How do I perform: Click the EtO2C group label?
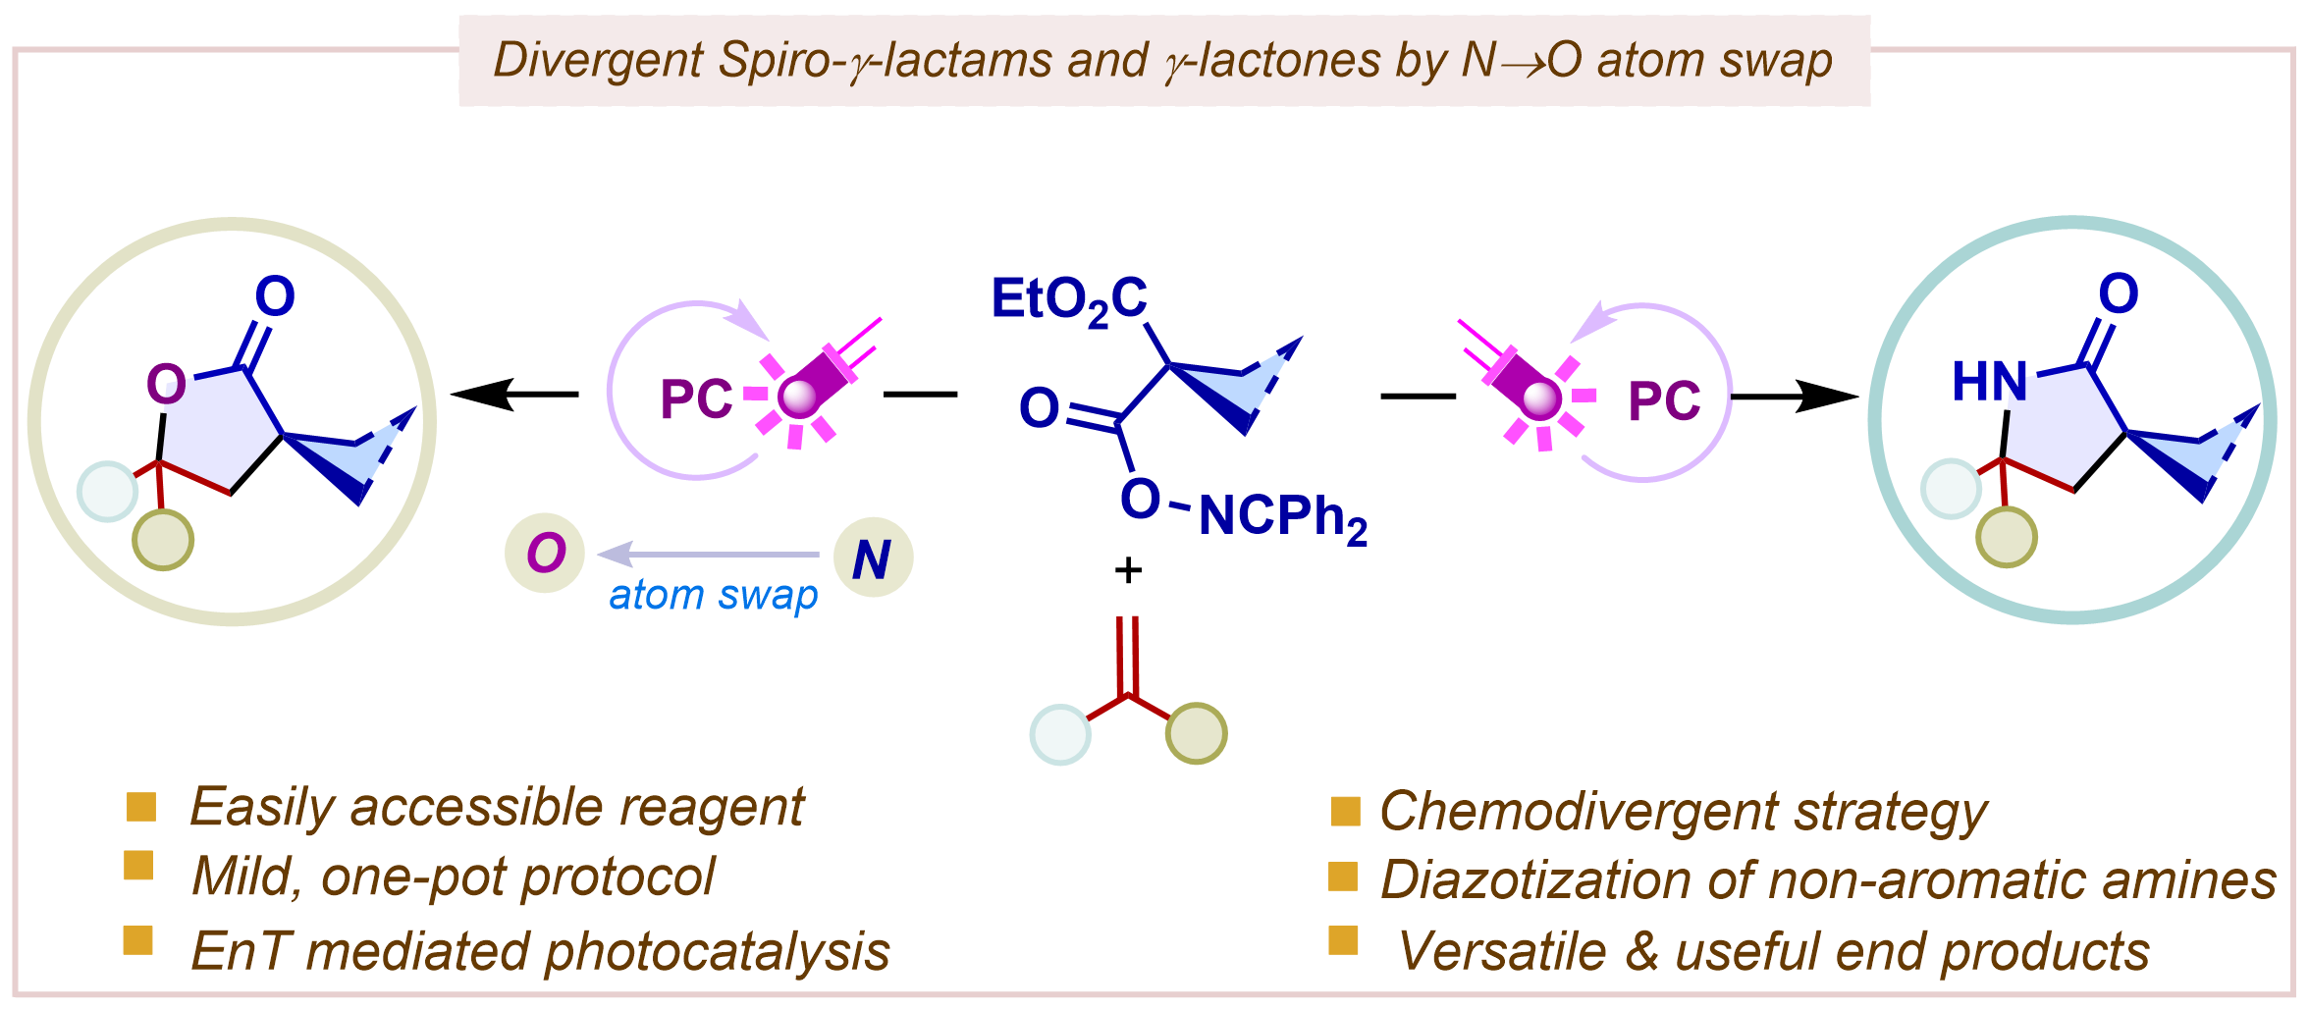1069,300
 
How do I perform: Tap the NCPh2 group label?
1283,517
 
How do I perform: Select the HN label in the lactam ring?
1989,382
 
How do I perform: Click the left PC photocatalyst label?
696,399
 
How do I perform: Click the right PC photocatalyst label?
1664,400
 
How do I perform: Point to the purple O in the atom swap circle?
546,553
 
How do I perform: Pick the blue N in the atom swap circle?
872,559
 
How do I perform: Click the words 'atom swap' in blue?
713,596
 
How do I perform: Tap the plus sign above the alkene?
1129,570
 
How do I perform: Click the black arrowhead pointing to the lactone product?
481,395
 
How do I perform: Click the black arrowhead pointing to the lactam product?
1828,398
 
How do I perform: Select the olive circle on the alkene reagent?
1197,733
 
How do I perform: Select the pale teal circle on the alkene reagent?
1060,734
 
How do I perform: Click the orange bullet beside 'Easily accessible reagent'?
141,807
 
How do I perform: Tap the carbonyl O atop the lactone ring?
275,295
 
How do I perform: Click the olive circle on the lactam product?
2007,537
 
